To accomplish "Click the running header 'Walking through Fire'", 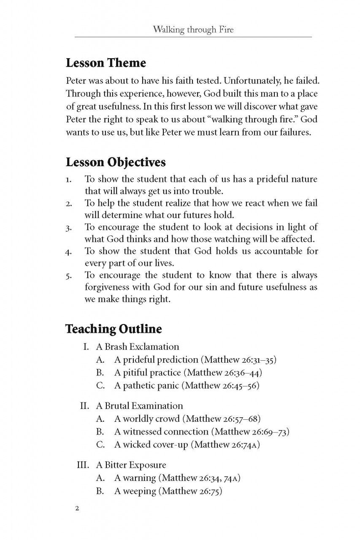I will point(193,30).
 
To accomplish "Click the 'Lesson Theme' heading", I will point(106,63).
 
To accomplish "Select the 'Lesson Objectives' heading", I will point(116,162).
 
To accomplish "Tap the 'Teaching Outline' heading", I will point(114,329).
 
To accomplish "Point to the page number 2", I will point(77,508).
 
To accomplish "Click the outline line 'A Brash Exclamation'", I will point(137,347).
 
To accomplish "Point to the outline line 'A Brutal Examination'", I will point(139,406).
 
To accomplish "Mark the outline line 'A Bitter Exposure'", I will point(131,465).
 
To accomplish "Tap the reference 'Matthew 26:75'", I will point(192,491).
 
